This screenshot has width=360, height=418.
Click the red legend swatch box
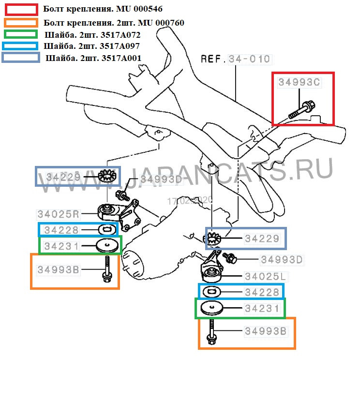pos(21,9)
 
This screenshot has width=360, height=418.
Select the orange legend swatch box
pos(21,22)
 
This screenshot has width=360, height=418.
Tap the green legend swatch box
pos(21,34)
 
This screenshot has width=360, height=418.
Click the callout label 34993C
pos(299,82)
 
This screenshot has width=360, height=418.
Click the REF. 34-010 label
pos(236,59)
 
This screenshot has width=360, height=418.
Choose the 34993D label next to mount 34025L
pos(282,260)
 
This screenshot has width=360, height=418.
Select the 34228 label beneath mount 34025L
pos(262,292)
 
